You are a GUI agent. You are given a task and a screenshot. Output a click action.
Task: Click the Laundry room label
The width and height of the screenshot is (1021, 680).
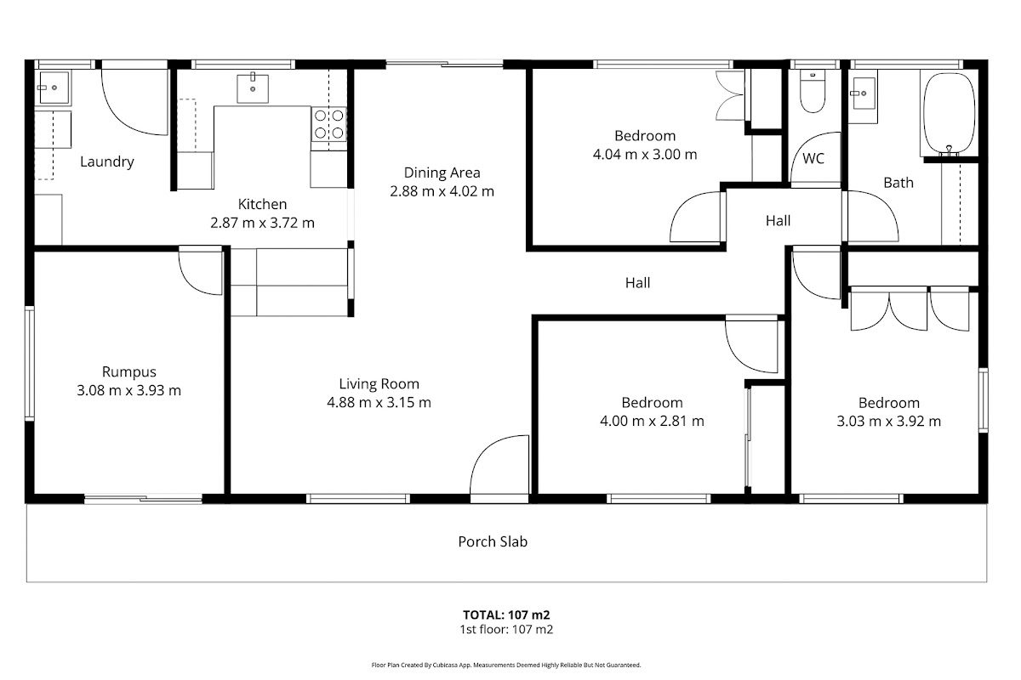107,161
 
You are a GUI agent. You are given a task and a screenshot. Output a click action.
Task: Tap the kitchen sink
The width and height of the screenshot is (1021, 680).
253,88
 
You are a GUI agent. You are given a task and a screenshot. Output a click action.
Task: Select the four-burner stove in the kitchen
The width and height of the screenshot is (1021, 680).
329,124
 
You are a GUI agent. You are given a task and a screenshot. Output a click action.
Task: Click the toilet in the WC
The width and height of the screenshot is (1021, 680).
813,92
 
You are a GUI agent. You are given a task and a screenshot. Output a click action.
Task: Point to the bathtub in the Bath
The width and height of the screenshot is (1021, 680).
950,113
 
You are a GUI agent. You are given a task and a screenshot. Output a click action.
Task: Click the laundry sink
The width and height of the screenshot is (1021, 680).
54,88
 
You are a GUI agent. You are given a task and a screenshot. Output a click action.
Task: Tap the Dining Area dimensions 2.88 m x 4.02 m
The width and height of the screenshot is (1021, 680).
442,191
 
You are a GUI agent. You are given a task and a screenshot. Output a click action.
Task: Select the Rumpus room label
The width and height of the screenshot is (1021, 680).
129,371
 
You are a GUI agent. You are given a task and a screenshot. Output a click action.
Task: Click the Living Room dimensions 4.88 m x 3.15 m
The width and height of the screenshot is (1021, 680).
379,403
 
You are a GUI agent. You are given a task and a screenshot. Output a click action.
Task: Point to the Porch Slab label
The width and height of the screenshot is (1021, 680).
493,541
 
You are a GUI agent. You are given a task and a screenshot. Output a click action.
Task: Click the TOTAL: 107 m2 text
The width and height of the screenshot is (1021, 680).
506,615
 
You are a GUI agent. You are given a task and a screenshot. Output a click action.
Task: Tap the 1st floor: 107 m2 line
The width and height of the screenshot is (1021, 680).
506,630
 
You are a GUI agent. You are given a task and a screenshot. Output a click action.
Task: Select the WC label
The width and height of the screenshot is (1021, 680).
813,158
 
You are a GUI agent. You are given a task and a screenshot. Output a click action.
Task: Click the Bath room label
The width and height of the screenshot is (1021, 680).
898,183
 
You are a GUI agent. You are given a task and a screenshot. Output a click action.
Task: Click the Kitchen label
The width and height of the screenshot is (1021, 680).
263,204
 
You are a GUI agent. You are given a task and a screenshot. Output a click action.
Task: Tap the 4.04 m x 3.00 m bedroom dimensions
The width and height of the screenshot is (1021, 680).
645,155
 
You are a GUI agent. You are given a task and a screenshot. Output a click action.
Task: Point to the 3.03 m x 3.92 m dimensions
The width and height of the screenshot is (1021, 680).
889,422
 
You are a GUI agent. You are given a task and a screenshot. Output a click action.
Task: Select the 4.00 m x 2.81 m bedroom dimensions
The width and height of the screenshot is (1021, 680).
653,421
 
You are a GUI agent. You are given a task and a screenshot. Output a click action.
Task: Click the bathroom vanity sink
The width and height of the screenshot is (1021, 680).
864,93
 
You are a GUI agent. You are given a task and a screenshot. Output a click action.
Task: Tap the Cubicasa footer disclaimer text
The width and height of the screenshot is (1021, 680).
506,666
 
